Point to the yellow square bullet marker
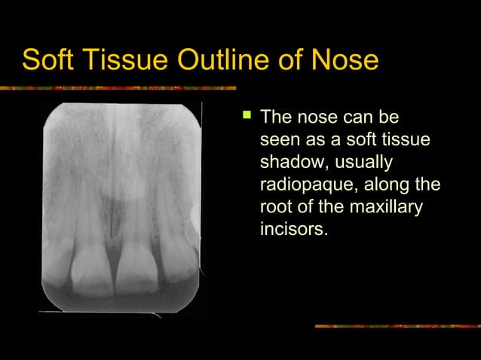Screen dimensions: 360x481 pyautogui.click(x=244, y=117)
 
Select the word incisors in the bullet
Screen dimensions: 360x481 pyautogui.click(x=293, y=228)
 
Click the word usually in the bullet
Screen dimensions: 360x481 pyautogui.click(x=365, y=163)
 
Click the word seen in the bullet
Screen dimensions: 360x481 pyautogui.click(x=280, y=141)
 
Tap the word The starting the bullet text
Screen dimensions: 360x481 pyautogui.click(x=276, y=118)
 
